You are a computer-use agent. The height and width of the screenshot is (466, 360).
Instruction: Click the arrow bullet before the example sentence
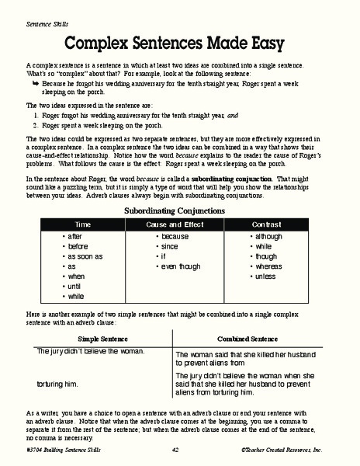pyautogui.click(x=35, y=81)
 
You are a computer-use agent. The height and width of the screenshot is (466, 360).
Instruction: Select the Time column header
pyautogui.click(x=82, y=224)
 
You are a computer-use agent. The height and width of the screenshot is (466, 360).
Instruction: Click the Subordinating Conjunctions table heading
pyautogui.click(x=179, y=210)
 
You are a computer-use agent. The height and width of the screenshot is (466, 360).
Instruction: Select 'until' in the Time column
pyautogui.click(x=75, y=286)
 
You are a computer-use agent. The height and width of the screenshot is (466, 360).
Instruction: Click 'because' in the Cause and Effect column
pyautogui.click(x=174, y=235)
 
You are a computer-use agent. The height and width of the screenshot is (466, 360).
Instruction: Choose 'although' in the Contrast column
pyautogui.click(x=271, y=235)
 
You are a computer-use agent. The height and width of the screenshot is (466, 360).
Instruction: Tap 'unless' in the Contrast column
pyautogui.click(x=268, y=276)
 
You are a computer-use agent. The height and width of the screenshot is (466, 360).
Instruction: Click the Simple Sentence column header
pyautogui.click(x=103, y=339)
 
